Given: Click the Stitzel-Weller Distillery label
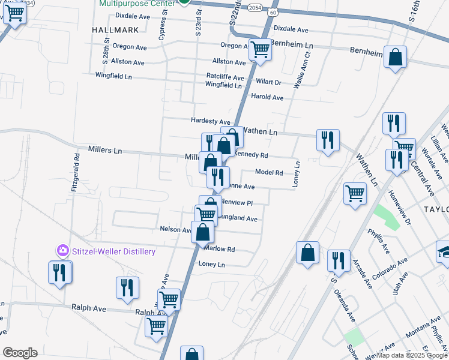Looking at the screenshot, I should [x=113, y=251].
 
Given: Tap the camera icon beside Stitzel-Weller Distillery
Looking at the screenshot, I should [x=62, y=250].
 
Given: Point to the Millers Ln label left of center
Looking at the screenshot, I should [x=105, y=150].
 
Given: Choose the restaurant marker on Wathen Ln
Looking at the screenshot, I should [x=328, y=140].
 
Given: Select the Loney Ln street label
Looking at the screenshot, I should [x=211, y=264].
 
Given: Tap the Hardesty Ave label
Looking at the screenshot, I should [x=211, y=121].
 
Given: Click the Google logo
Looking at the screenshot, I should [x=20, y=353].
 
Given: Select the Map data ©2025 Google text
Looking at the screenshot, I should [x=411, y=355].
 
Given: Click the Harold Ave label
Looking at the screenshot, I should [x=267, y=97].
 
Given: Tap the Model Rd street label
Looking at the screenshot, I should [x=269, y=172].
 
